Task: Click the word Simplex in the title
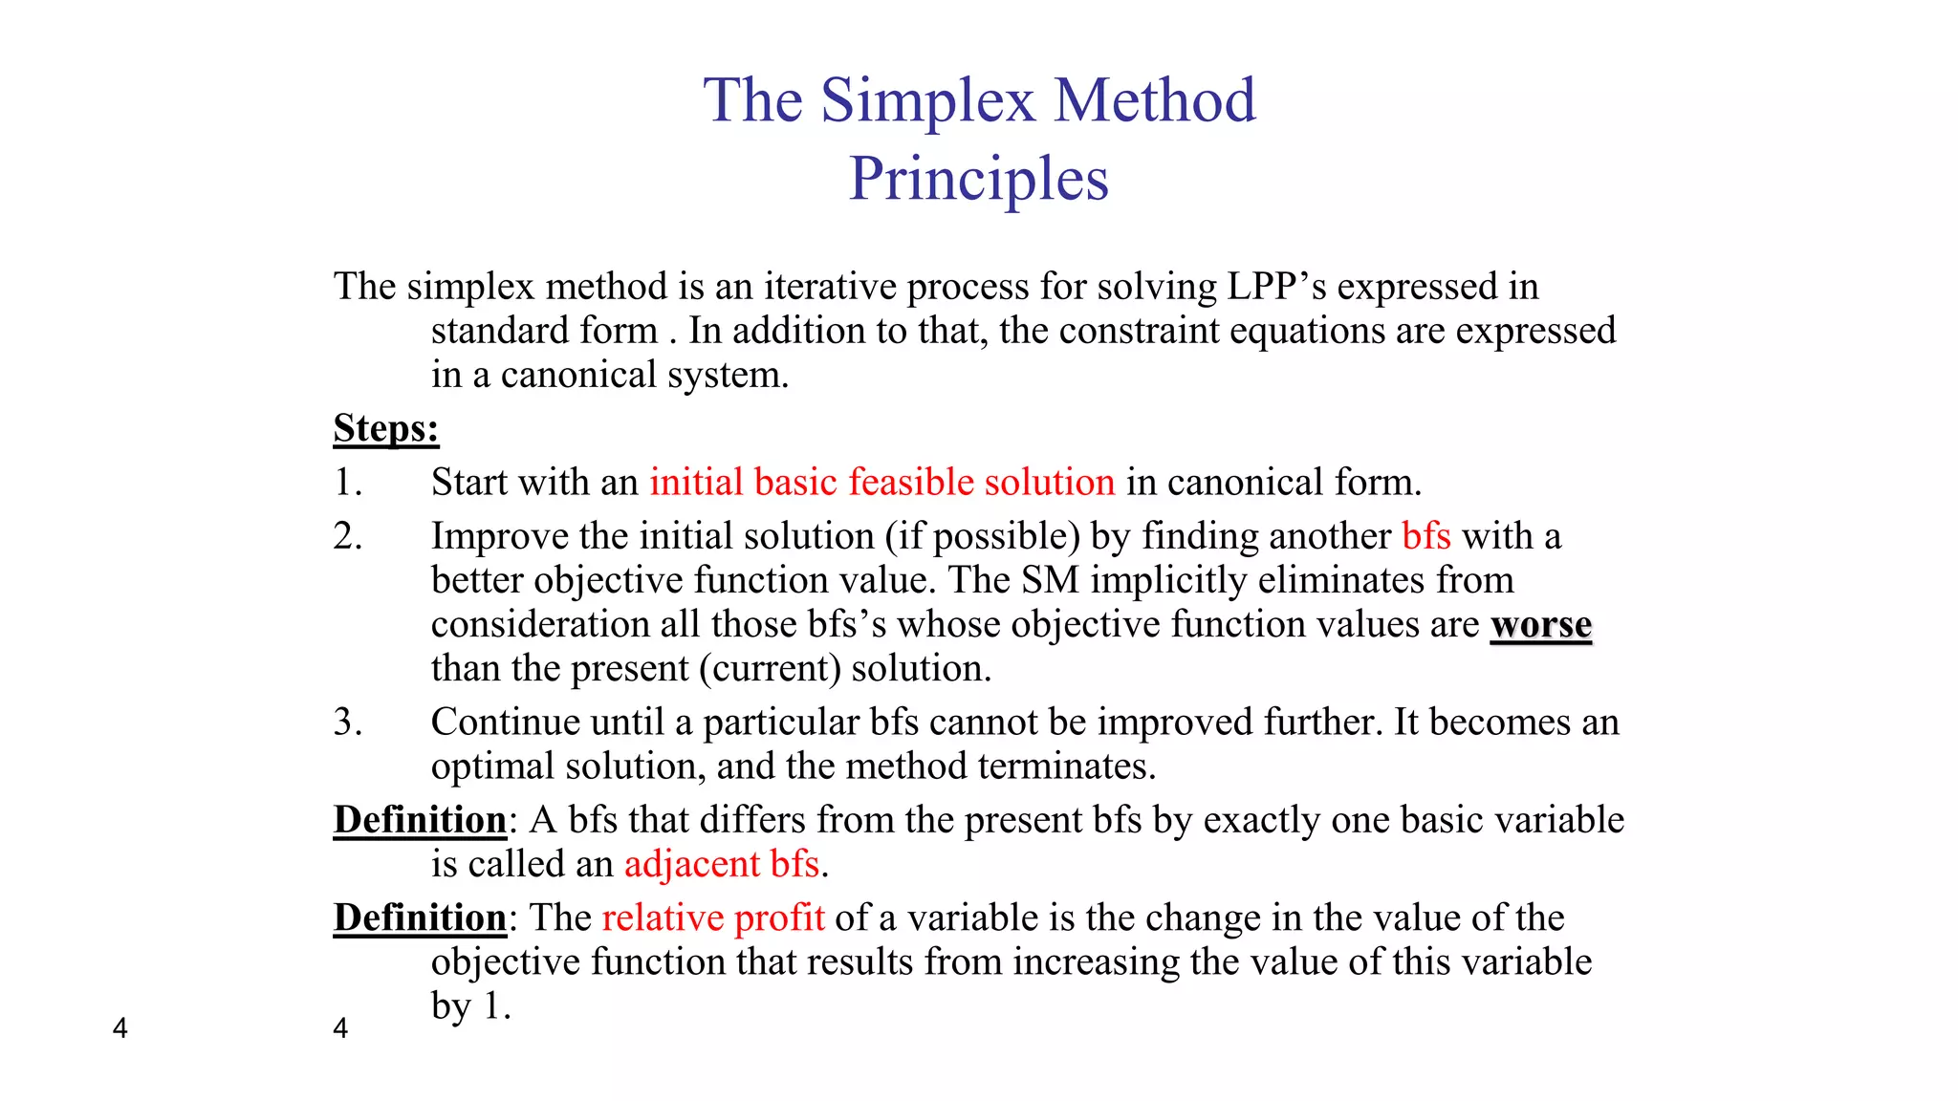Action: click(927, 100)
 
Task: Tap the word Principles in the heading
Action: click(978, 179)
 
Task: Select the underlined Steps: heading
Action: click(386, 428)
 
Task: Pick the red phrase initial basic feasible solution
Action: click(881, 482)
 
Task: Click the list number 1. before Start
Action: click(348, 482)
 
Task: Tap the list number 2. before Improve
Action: click(348, 535)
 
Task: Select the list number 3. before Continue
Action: click(348, 722)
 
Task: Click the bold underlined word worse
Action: click(1540, 625)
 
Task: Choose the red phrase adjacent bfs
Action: click(722, 864)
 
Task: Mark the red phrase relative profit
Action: click(712, 917)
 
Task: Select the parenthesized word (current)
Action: click(770, 668)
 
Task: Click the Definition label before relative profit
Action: click(420, 917)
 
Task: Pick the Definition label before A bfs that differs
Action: click(420, 820)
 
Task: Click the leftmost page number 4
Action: click(120, 1028)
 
